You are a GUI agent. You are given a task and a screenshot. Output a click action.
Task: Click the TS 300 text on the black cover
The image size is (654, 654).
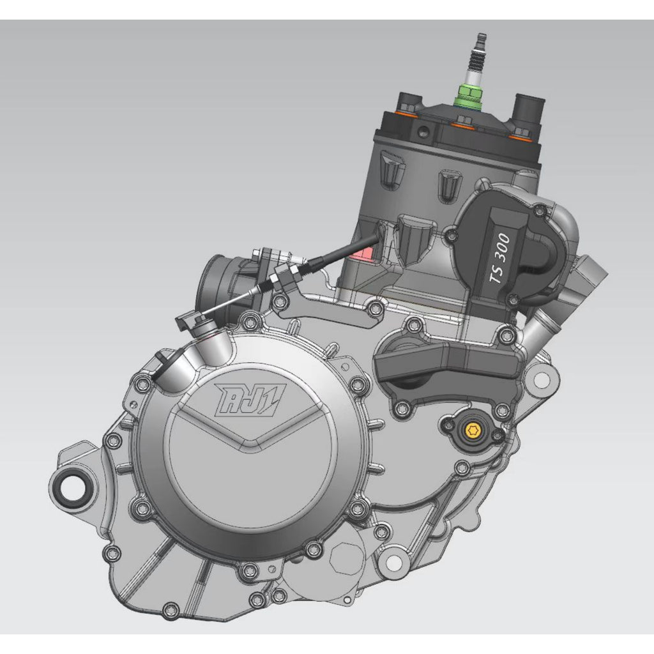coord(500,258)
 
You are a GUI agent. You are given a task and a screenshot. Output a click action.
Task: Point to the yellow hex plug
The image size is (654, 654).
coord(473,430)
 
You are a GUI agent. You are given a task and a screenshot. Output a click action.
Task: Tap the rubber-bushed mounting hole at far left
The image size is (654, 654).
coord(71,487)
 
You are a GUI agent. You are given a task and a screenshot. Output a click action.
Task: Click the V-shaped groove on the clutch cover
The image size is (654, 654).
coord(250,430)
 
